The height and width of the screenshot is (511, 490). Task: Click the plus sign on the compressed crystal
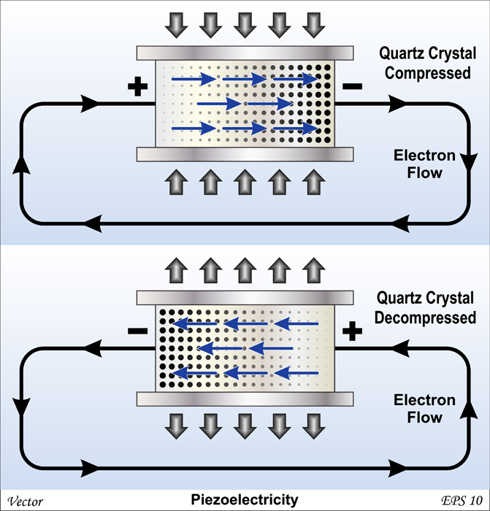136,88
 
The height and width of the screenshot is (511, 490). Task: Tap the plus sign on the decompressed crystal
353,332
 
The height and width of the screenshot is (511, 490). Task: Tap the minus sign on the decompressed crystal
136,331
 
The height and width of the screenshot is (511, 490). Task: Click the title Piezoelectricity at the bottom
245,499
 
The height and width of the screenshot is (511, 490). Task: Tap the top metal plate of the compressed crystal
245,53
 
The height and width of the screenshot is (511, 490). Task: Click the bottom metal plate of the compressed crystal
245,154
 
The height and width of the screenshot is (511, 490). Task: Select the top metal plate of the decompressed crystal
245,299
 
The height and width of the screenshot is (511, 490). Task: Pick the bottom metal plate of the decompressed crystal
245,399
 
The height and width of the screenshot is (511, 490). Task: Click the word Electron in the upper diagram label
425,155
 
